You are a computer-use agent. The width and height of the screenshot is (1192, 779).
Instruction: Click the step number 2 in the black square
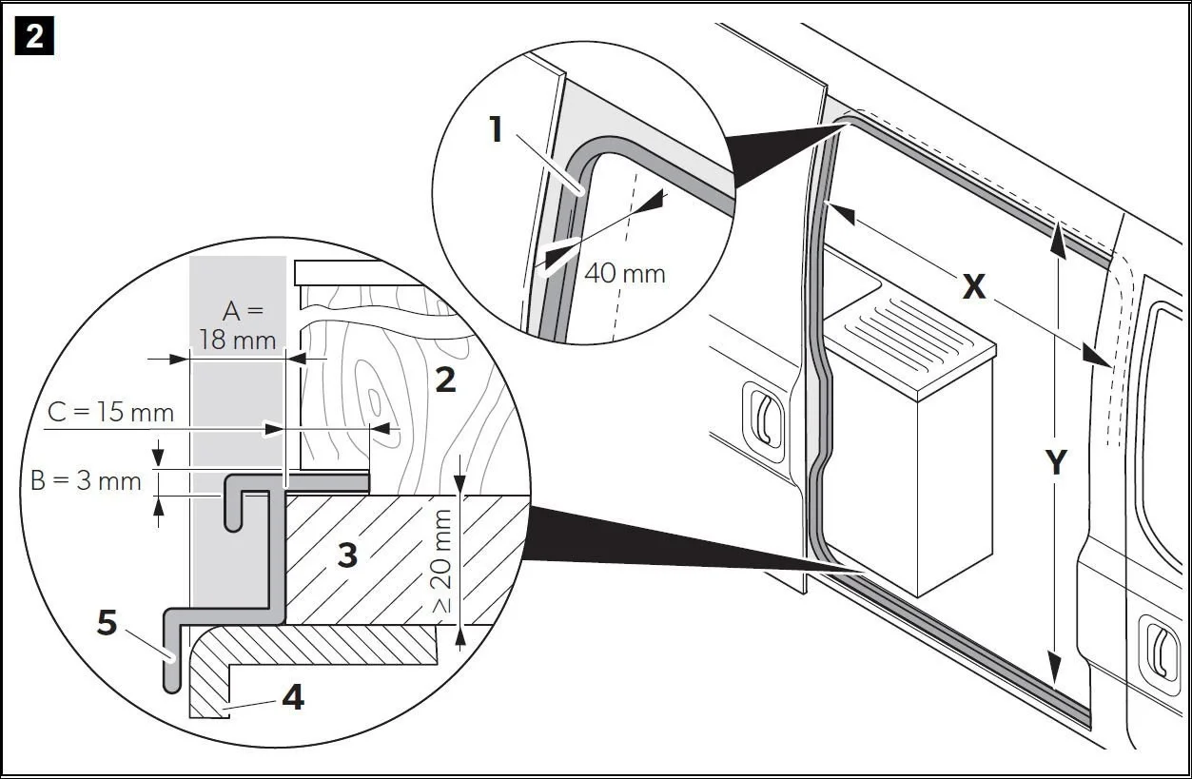tap(34, 37)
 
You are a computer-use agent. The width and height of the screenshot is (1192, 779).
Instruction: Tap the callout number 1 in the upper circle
tap(495, 128)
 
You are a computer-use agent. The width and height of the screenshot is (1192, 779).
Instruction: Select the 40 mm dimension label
tap(624, 273)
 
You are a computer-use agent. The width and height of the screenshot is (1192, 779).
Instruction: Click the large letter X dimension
tap(973, 285)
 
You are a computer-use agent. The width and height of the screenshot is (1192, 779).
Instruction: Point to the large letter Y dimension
tap(1055, 462)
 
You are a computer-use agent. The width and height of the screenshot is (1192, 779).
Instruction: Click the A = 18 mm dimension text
tap(237, 324)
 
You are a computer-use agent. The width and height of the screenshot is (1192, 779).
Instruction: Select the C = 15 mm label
tap(112, 413)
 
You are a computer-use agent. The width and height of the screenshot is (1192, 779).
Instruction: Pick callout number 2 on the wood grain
tap(444, 380)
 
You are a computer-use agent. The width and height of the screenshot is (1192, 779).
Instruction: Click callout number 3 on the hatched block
tap(347, 555)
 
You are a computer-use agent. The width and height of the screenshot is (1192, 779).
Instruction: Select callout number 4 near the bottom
tap(292, 698)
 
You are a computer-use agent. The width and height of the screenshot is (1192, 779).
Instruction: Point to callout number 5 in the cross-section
tap(108, 624)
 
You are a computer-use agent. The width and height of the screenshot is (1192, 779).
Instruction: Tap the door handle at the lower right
tap(1160, 650)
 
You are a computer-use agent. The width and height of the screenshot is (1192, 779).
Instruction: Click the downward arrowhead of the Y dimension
tap(1055, 675)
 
